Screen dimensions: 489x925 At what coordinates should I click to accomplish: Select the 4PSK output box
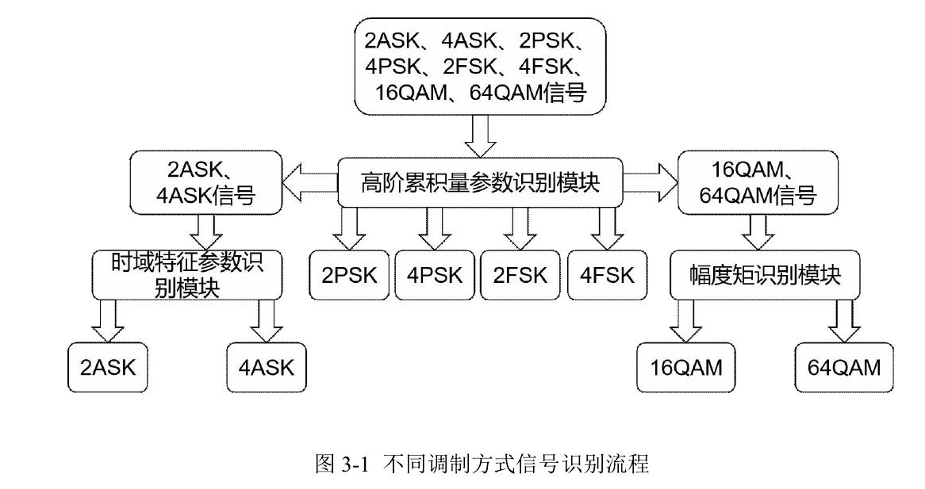(435, 275)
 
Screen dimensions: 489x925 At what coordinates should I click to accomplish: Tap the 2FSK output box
(520, 275)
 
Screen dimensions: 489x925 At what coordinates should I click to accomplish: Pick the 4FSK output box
(607, 275)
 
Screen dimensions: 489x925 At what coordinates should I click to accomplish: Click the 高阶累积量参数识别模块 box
(480, 183)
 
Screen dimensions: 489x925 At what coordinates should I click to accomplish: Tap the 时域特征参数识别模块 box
(187, 275)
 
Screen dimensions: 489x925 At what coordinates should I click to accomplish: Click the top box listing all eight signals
(480, 67)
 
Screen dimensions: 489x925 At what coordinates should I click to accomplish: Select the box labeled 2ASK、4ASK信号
(207, 183)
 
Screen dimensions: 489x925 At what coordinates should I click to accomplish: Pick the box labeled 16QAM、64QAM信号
(758, 183)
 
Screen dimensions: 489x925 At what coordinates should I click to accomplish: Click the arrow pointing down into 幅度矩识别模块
(758, 231)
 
